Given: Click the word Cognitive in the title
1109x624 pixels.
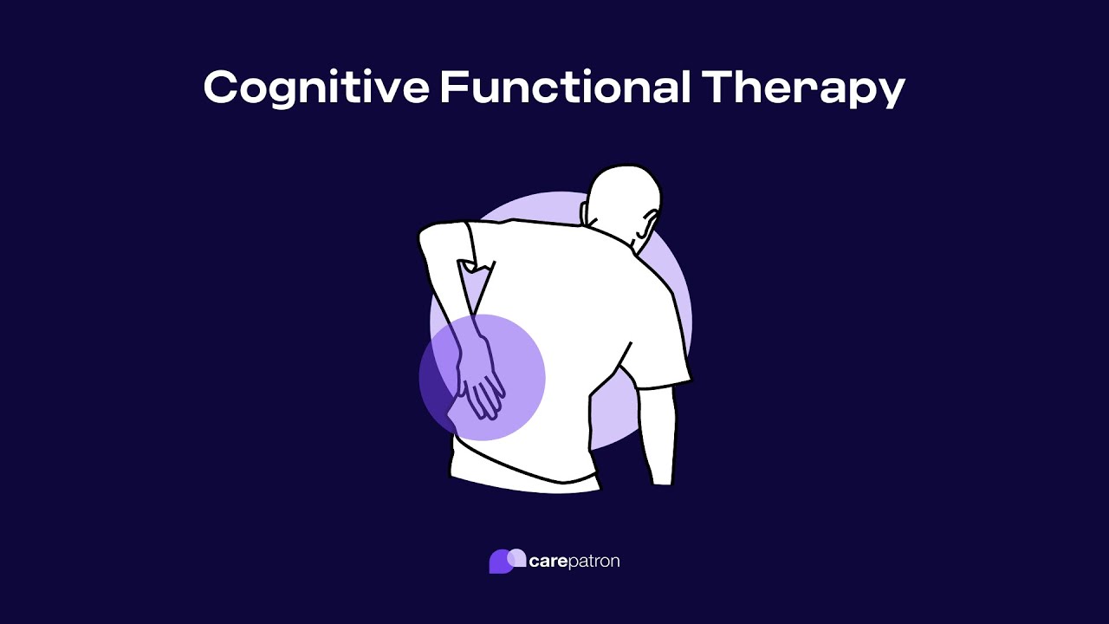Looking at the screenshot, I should [315, 88].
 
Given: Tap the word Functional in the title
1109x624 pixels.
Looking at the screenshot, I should [565, 88].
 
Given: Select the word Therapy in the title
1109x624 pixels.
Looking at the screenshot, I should [803, 88].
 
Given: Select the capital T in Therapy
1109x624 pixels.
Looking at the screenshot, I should [718, 88].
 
